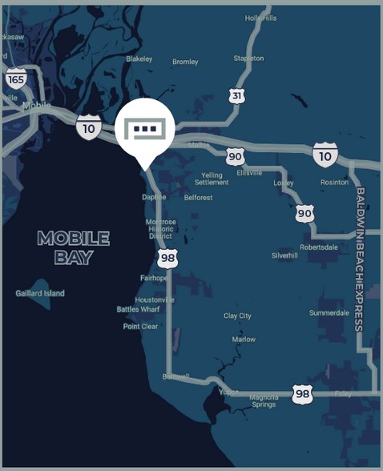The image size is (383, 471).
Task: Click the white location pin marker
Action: (x=145, y=128)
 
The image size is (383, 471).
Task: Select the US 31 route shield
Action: (x=236, y=95)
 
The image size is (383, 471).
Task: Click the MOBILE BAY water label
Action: (x=73, y=248)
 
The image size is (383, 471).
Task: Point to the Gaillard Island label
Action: (x=40, y=293)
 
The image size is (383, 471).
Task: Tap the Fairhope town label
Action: (x=154, y=278)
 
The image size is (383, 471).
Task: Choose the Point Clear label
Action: (x=140, y=326)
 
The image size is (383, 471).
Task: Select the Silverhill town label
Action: (x=285, y=256)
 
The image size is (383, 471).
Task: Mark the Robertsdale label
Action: (x=319, y=247)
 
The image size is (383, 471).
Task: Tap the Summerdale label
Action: (x=329, y=312)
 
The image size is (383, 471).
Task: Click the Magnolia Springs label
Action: (x=264, y=401)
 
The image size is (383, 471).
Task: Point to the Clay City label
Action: (x=237, y=316)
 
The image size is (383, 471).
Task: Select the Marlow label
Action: (x=244, y=339)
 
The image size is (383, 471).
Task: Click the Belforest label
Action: (x=199, y=196)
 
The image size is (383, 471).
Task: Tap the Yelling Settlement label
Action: (x=212, y=178)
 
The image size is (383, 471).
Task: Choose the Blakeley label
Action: (x=139, y=58)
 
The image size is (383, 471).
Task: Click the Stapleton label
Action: (x=248, y=58)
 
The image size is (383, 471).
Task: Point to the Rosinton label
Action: (x=334, y=182)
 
